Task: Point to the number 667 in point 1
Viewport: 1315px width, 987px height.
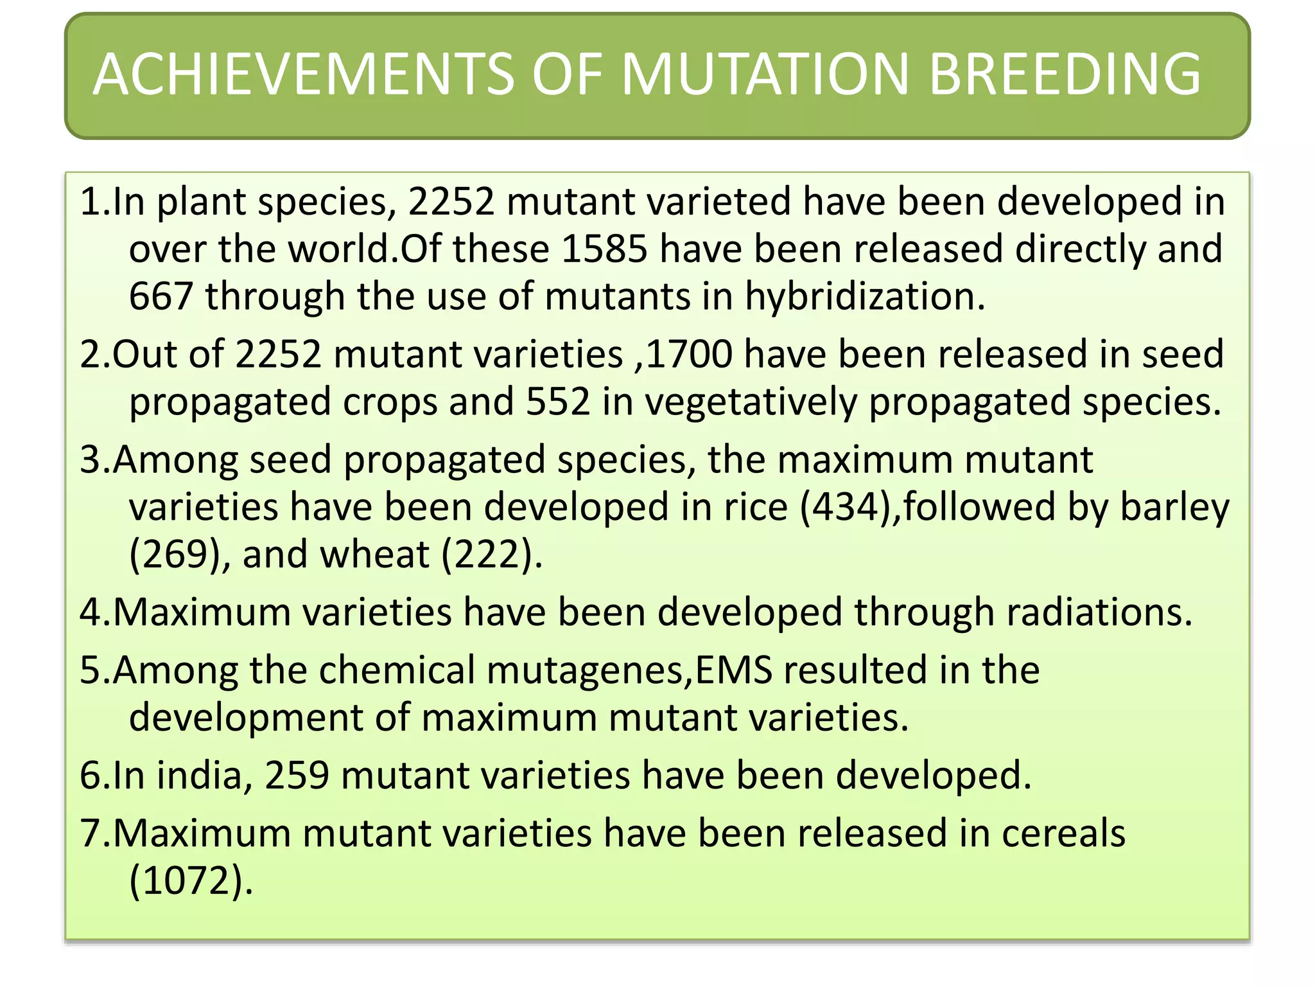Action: (x=161, y=297)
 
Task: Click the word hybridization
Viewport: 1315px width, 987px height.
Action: (x=864, y=297)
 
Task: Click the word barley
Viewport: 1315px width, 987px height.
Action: (x=1174, y=508)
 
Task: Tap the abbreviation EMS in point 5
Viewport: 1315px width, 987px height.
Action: (x=734, y=670)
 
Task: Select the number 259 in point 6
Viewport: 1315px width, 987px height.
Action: (x=297, y=775)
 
